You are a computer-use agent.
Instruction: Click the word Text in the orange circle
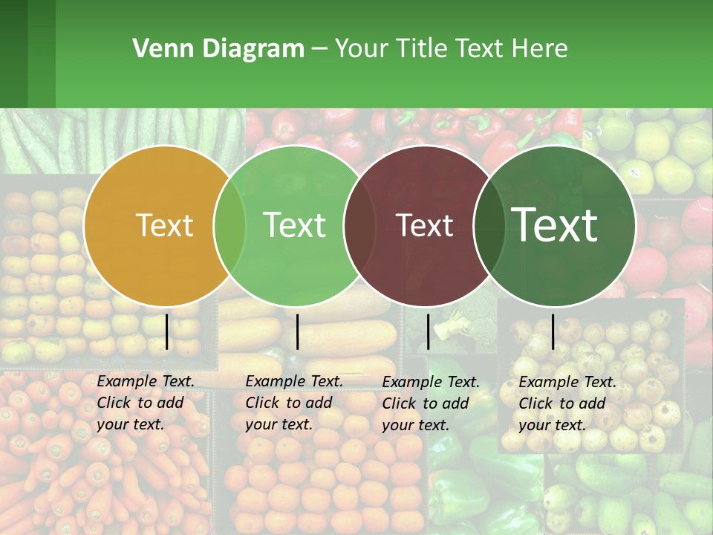coord(164,226)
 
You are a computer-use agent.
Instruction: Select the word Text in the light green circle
coord(294,225)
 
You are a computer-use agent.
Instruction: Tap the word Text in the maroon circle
coord(424,226)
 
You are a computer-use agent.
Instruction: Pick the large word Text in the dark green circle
coord(555,224)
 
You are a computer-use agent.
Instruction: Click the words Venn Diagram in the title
coord(218,49)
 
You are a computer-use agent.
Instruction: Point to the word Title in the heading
coord(422,49)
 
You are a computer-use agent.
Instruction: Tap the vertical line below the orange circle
coord(167,331)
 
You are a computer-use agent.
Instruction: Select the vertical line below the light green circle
coord(297,331)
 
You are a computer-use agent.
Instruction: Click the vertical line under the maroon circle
coord(428,331)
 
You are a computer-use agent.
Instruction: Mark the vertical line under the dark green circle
coord(553,331)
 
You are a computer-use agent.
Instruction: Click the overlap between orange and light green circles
coord(229,226)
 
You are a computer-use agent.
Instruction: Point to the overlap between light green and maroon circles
coord(359,226)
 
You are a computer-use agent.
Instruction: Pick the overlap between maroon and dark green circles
coord(488,226)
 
